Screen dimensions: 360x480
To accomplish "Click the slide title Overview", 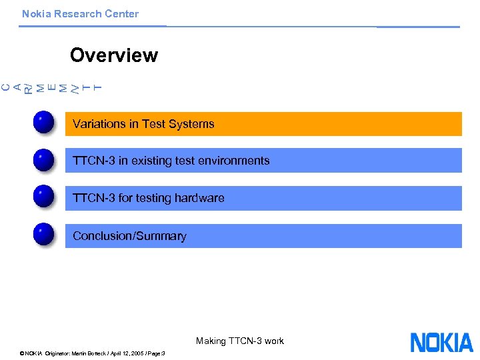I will point(113,55).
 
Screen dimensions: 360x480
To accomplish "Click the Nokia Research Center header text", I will point(80,14).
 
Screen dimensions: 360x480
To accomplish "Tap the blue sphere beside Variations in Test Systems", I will point(43,124).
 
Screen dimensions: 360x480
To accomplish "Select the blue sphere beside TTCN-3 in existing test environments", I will point(43,161).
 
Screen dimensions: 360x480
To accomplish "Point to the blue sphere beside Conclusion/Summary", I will point(43,235).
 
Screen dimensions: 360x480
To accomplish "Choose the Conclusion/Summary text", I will point(129,236).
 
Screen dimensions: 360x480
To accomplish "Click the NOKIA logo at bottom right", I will point(441,342).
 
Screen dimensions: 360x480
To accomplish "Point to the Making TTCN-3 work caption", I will point(239,341).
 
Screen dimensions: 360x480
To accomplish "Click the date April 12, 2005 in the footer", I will point(118,353).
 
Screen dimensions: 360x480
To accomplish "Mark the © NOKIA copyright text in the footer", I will point(31,353).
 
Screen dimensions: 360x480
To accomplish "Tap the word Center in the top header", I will point(122,14).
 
